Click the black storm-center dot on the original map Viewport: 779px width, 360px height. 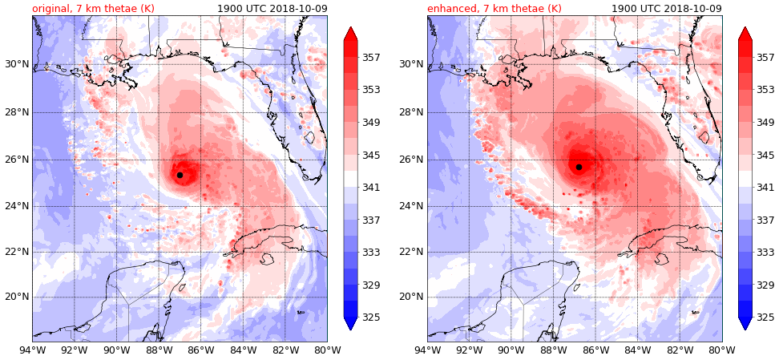pyautogui.click(x=180, y=175)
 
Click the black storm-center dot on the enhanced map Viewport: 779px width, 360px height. pyautogui.click(x=579, y=167)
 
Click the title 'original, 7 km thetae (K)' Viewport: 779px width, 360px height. pyautogui.click(x=93, y=8)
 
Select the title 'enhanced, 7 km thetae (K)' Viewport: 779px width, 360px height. pyautogui.click(x=494, y=8)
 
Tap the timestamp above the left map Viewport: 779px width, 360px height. pyautogui.click(x=272, y=8)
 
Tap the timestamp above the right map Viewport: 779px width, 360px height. pyautogui.click(x=667, y=8)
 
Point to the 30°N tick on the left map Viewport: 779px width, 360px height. pyautogui.click(x=16, y=64)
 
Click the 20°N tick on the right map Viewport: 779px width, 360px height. pyautogui.click(x=411, y=297)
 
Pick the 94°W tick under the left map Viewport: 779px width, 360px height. pyautogui.click(x=32, y=350)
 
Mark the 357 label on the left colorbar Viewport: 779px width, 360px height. pyautogui.click(x=370, y=58)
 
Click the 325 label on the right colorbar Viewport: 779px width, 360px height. pyautogui.click(x=765, y=318)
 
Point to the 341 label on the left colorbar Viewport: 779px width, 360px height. pyautogui.click(x=370, y=188)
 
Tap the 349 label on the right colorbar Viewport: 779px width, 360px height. pyautogui.click(x=765, y=123)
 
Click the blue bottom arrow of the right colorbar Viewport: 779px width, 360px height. pyautogui.click(x=745, y=323)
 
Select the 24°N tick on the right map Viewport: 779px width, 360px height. pyautogui.click(x=411, y=206)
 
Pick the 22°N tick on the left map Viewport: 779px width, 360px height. pyautogui.click(x=16, y=252)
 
